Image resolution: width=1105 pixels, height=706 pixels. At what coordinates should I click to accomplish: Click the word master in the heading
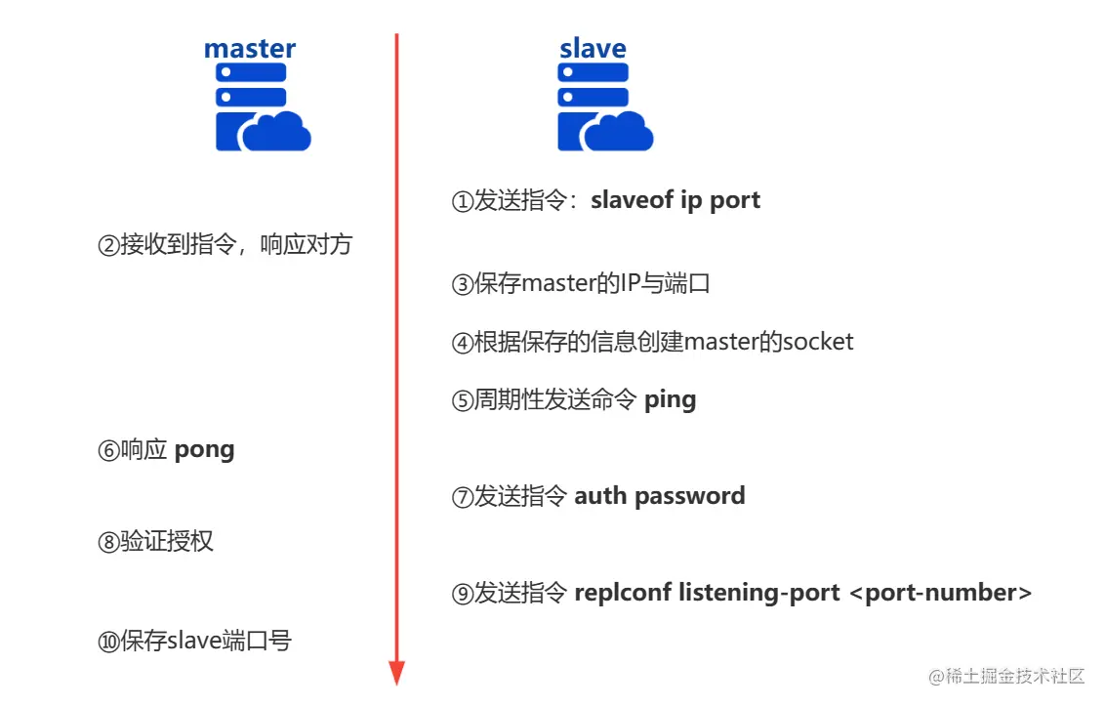(250, 48)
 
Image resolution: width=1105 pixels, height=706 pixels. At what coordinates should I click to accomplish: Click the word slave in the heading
(593, 48)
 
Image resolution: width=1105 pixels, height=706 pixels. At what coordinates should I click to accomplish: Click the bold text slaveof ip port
(675, 200)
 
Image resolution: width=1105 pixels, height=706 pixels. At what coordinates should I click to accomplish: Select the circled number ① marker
(462, 201)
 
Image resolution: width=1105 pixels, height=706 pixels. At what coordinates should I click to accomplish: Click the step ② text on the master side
(225, 244)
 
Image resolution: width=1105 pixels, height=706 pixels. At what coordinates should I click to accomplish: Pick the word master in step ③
(557, 284)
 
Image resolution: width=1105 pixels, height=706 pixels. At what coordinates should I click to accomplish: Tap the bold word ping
(671, 399)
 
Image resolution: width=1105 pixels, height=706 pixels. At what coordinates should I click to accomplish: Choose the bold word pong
(204, 449)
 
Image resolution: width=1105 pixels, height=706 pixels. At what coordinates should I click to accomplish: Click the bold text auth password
(659, 495)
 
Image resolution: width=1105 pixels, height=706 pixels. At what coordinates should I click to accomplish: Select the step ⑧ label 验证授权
(167, 542)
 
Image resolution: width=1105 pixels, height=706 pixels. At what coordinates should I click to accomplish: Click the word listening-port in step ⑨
(759, 592)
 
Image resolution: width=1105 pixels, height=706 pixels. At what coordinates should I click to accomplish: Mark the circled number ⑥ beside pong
(108, 450)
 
